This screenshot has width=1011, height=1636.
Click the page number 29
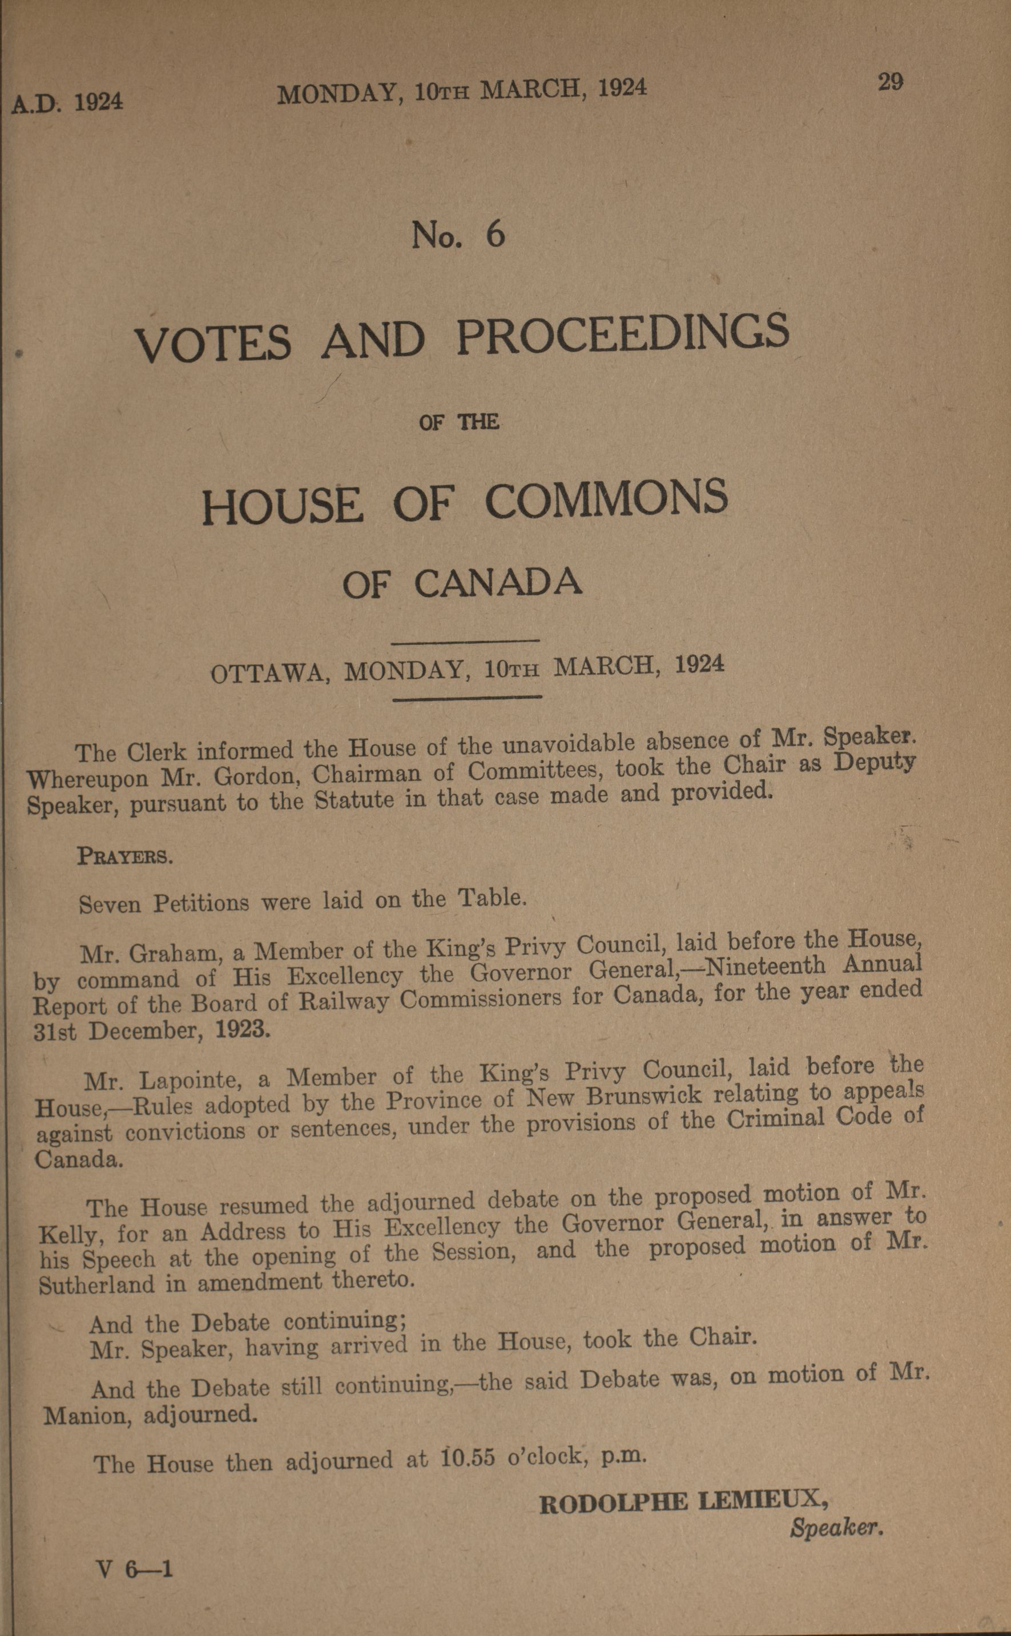tap(890, 82)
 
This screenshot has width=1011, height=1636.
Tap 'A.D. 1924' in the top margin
tap(67, 103)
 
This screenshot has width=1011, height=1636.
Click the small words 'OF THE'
tap(459, 422)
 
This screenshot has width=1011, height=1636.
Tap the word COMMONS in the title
tap(606, 499)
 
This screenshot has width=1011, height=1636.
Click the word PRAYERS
tap(125, 856)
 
